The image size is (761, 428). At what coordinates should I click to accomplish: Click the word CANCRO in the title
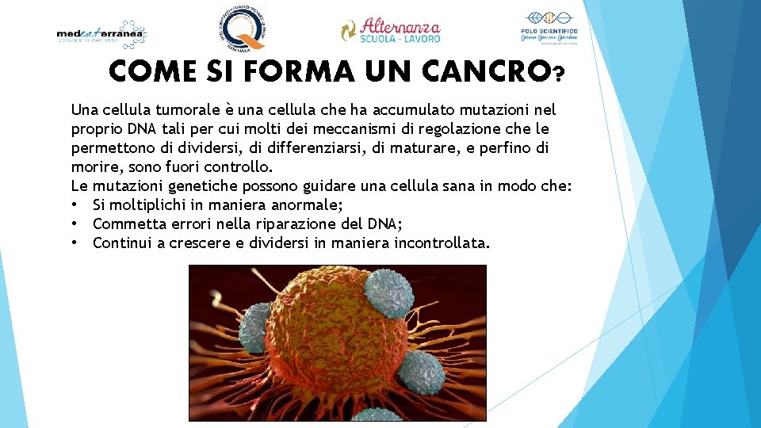click(x=484, y=72)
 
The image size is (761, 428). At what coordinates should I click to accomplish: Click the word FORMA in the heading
click(x=301, y=72)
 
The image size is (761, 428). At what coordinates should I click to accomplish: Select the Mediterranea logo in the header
click(x=102, y=34)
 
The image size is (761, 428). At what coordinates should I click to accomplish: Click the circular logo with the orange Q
click(x=243, y=28)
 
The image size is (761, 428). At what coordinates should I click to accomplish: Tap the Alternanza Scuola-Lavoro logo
click(x=391, y=30)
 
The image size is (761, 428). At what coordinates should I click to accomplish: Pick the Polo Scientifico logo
click(x=548, y=29)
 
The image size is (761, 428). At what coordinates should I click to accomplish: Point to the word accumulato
click(x=407, y=109)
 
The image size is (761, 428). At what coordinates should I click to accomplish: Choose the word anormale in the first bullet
click(x=304, y=204)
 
